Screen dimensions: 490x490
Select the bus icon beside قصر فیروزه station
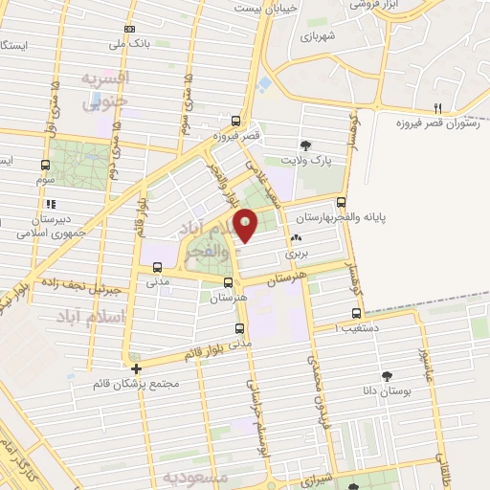pos(236,121)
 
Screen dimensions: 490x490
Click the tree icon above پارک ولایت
pos(304,145)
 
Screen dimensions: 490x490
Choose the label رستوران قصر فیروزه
pos(438,122)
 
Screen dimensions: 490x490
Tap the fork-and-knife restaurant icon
pos(438,107)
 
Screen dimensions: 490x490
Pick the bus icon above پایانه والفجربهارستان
pos(342,202)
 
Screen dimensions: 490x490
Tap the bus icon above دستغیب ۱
pos(357,313)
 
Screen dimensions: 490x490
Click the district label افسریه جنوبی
pos(102,89)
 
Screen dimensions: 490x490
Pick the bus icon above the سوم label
pos(46,165)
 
